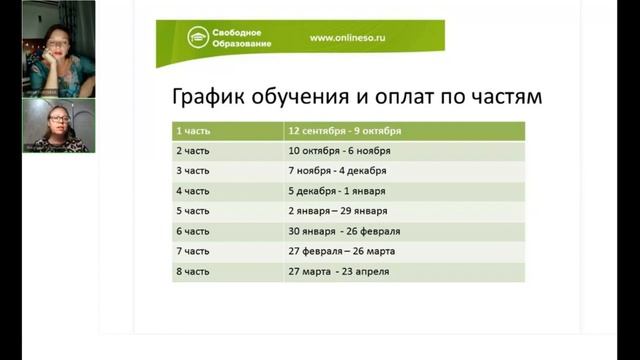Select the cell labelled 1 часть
[193, 131]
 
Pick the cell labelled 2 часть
[193, 151]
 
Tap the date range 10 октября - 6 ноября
[339, 151]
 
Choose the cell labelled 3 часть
[193, 171]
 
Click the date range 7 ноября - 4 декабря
[339, 171]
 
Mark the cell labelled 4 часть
[193, 191]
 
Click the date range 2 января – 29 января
[337, 211]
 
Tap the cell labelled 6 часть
[193, 231]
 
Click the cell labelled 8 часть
[193, 271]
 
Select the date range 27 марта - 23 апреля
[338, 271]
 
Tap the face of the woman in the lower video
[58, 125]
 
